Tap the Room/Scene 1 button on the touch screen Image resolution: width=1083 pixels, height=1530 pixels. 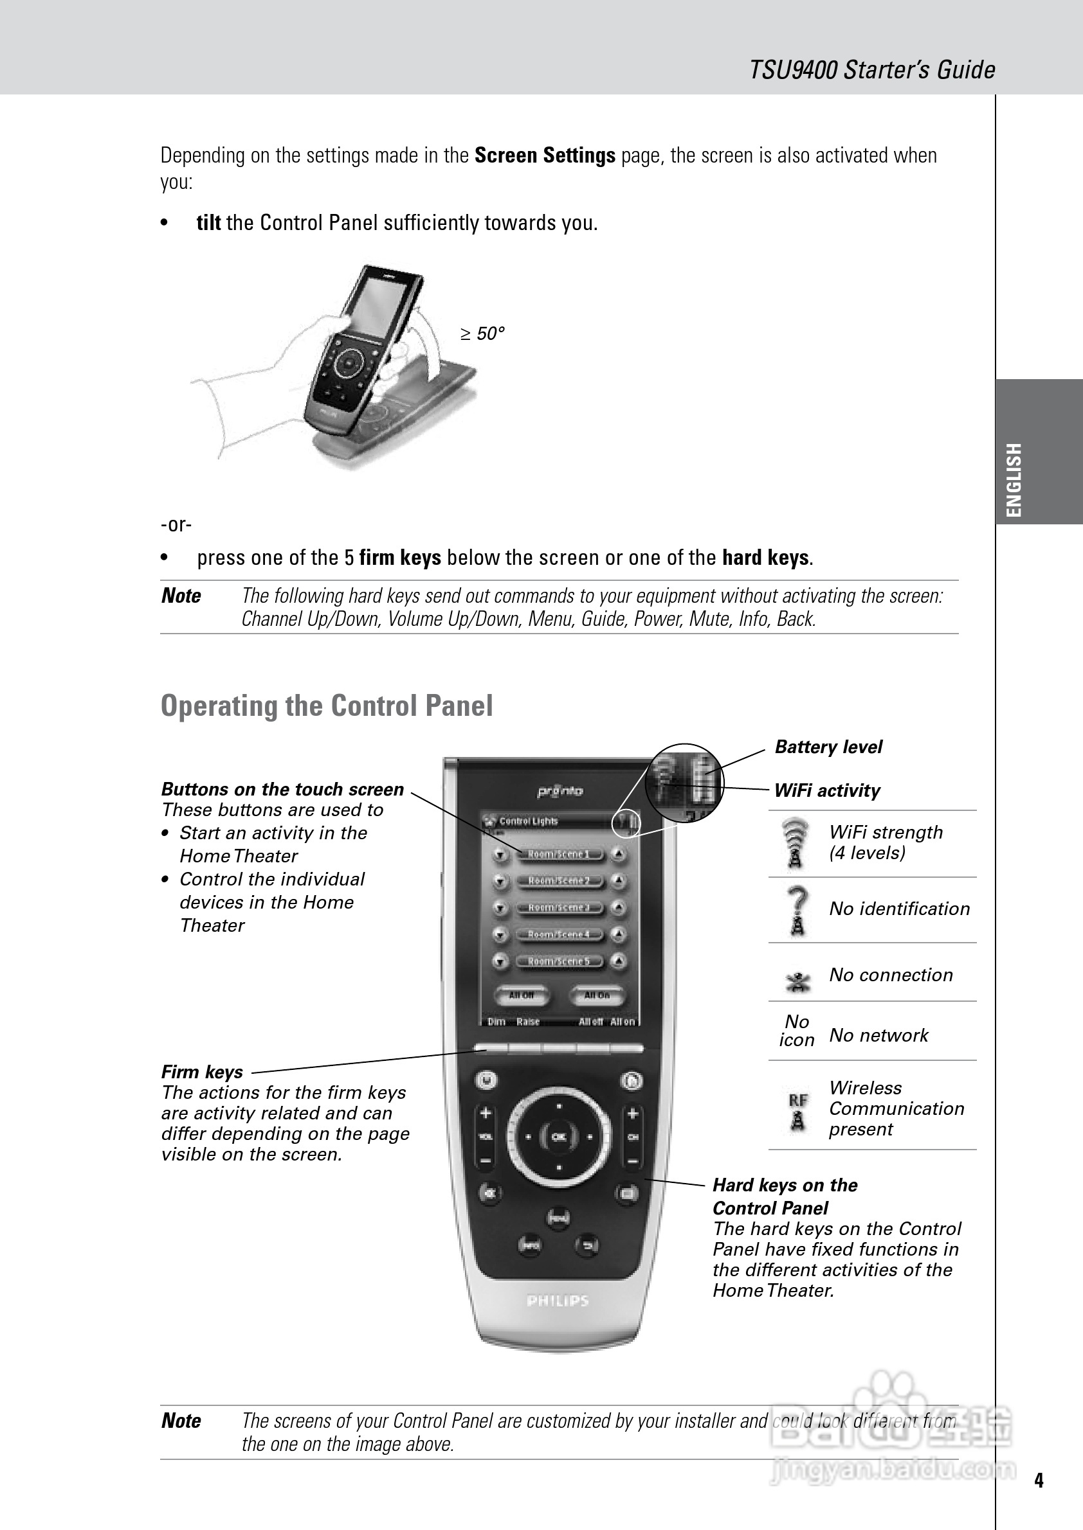click(x=558, y=854)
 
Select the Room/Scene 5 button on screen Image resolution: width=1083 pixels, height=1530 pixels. click(x=558, y=961)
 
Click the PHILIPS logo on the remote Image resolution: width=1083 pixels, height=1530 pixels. click(x=558, y=1301)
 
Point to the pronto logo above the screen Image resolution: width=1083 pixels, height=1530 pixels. click(x=560, y=791)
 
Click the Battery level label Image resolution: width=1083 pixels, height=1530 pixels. click(x=828, y=747)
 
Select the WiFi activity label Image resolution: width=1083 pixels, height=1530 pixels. click(x=826, y=791)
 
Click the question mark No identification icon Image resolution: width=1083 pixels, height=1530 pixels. click(x=797, y=911)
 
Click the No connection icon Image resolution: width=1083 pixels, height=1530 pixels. click(x=797, y=980)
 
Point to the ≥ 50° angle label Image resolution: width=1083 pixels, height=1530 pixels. click(x=482, y=334)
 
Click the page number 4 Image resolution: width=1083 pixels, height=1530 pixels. click(x=1039, y=1481)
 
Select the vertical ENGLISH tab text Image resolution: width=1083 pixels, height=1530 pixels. click(x=1014, y=479)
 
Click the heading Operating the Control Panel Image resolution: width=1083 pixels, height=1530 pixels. click(x=327, y=706)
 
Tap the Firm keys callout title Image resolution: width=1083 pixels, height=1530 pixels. click(x=202, y=1072)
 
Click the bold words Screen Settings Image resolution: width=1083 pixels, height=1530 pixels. click(x=544, y=156)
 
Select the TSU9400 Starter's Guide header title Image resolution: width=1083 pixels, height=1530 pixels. click(x=871, y=70)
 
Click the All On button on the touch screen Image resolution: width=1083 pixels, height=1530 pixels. click(x=597, y=995)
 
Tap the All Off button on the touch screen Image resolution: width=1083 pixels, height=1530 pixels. click(x=522, y=995)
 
